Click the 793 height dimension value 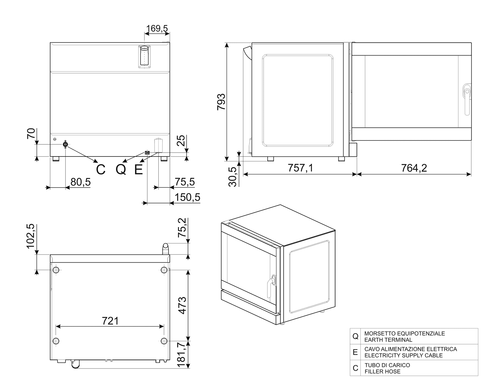pos(221,102)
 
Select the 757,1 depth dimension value pos(300,168)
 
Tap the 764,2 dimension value pos(414,168)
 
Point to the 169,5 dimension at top pos(157,28)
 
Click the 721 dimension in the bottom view pos(110,321)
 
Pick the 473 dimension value pos(182,305)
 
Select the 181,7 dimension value pos(182,355)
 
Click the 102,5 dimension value pos(30,236)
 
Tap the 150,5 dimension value pos(187,197)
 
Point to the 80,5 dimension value pos(81,182)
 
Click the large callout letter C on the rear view pos(101,170)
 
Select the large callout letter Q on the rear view pos(121,170)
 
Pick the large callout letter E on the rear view pos(139,170)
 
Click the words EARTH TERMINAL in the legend pos(388,340)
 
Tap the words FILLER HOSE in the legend pos(382,371)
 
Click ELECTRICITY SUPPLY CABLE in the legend pos(404,355)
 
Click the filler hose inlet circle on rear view pos(65,144)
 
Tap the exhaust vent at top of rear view pos(144,57)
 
